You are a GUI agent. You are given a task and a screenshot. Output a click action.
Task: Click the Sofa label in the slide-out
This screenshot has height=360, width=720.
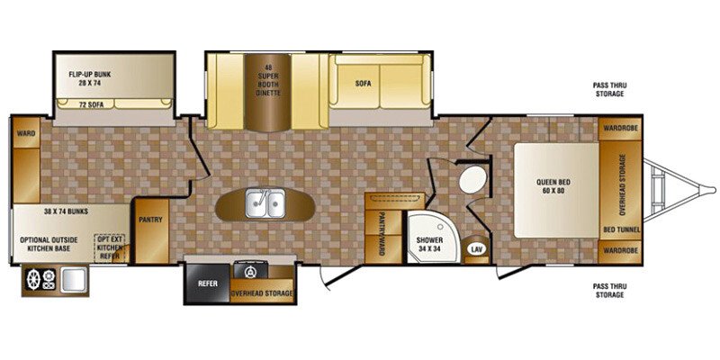364,83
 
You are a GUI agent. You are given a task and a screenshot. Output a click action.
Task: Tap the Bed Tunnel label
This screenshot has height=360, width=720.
620,229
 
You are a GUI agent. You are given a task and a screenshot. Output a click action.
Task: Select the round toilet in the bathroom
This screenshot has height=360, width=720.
472,180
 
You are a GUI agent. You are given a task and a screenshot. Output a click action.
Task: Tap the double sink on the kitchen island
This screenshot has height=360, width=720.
265,204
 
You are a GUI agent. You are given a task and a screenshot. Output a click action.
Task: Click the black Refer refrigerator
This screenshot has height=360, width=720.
208,283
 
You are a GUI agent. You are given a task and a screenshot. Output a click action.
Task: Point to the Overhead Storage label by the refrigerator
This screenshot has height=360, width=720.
263,292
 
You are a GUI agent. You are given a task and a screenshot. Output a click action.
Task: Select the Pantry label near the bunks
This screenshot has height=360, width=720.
148,218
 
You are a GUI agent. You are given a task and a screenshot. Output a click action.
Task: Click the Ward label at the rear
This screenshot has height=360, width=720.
25,133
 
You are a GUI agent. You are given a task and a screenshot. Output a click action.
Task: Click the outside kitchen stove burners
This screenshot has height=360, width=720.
40,279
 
